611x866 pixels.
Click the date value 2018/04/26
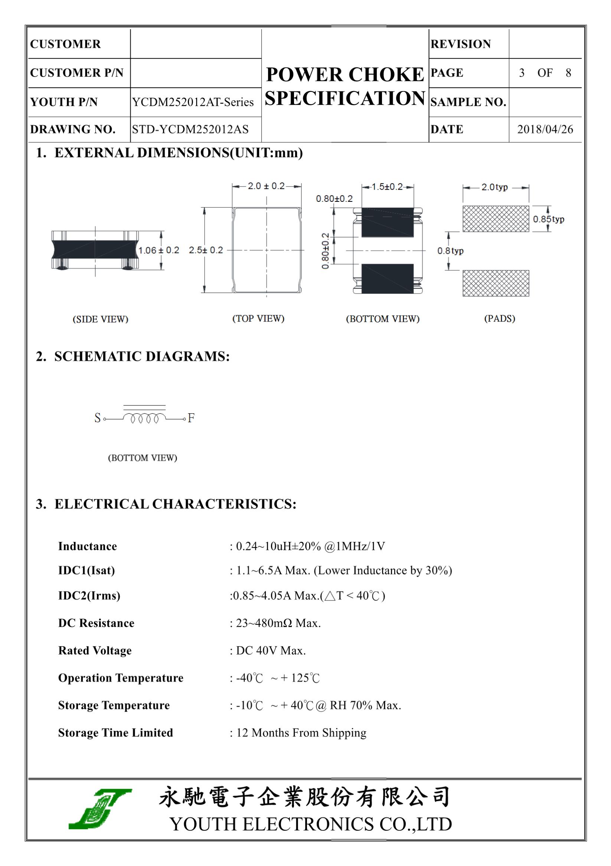point(545,129)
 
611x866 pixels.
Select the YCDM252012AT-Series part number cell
point(193,102)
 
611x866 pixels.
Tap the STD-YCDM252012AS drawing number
point(190,129)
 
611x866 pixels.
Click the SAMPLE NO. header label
point(468,102)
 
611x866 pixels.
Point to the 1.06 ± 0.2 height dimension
point(159,251)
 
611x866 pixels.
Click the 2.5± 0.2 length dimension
point(206,251)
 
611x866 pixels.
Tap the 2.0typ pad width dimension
point(494,187)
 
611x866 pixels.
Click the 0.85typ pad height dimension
point(549,219)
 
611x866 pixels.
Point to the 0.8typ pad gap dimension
point(451,251)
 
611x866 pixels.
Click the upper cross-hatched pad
point(495,219)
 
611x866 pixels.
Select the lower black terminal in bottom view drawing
point(387,278)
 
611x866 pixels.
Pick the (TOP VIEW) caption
point(258,319)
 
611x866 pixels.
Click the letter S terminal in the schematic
point(98,418)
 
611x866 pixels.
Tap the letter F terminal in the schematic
point(191,418)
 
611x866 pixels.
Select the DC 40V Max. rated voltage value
point(271,651)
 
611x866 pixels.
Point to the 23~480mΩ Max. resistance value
point(278,623)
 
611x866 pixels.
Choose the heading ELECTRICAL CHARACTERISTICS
point(175,504)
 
